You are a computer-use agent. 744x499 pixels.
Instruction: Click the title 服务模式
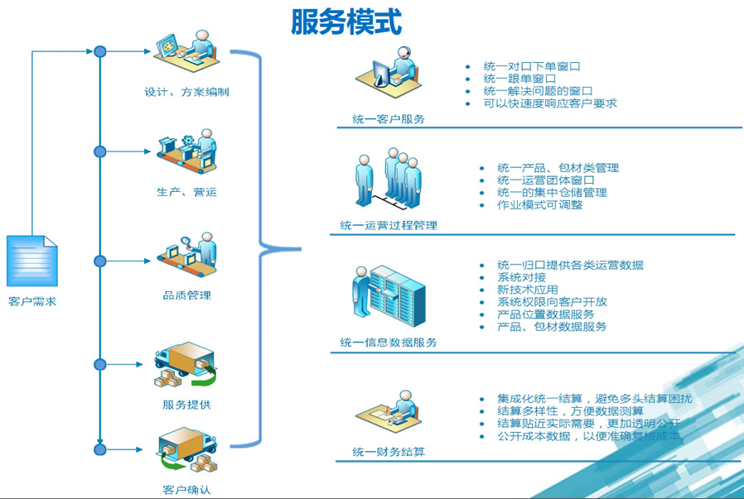tap(346, 22)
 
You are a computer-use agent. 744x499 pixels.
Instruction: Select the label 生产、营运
tap(186, 192)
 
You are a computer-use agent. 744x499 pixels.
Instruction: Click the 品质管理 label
tap(186, 295)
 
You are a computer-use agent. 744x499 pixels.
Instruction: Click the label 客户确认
tap(186, 489)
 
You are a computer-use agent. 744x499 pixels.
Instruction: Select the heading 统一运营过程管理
tap(389, 225)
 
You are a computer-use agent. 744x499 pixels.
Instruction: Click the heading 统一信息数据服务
tap(389, 342)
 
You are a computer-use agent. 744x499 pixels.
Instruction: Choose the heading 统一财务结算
tap(389, 452)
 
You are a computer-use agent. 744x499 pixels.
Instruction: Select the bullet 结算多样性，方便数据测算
tap(570, 410)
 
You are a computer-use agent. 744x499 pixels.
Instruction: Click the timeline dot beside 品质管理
tap(100, 261)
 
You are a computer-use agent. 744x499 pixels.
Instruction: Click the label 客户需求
tap(32, 302)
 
